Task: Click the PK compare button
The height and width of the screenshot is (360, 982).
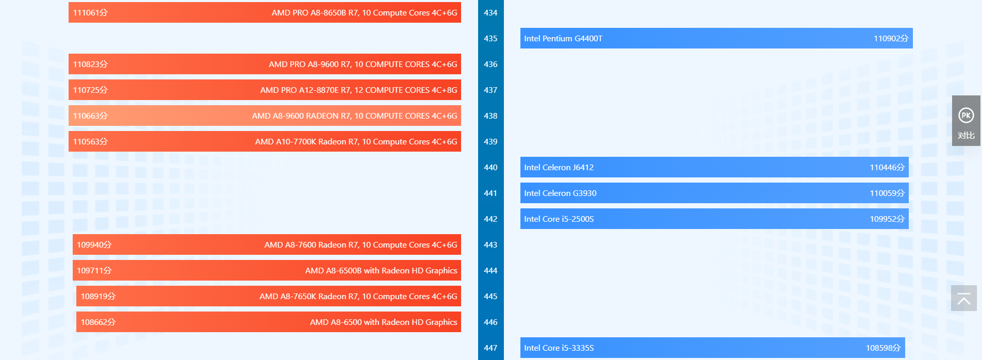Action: coord(965,121)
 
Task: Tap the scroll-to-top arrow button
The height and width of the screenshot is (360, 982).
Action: coord(963,298)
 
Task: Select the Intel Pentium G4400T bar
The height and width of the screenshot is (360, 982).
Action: coord(716,38)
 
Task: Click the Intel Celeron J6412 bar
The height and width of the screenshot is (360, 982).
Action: coord(714,167)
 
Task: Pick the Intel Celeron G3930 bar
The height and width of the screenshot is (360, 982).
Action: coord(714,193)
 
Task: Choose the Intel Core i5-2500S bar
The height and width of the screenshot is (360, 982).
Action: coord(714,219)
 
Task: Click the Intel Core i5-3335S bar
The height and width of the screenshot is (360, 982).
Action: coord(712,348)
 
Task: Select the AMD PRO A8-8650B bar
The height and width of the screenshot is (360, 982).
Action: coord(265,12)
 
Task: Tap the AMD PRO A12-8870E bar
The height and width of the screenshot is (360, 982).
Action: coord(265,90)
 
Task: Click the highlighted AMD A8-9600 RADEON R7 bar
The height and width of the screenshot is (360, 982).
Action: coord(265,116)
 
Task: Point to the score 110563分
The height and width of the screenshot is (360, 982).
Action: coord(90,141)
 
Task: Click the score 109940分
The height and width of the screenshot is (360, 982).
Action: coord(94,244)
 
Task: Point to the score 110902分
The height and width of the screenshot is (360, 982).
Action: coord(891,38)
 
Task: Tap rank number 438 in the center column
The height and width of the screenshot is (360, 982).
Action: coord(490,116)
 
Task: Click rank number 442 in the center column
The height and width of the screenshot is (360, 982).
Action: coord(490,219)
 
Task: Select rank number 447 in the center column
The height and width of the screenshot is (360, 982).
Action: coord(490,348)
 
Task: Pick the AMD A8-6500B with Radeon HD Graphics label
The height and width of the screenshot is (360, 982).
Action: coord(381,270)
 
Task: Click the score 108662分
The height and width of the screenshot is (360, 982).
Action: coord(98,322)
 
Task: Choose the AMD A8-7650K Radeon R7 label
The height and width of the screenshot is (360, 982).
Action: coord(358,296)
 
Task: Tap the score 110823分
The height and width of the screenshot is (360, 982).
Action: coord(90,64)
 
